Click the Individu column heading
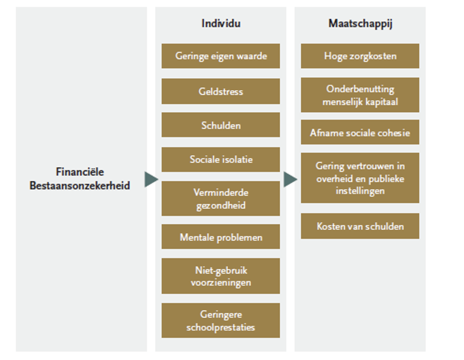[x=221, y=23]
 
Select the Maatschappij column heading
[x=360, y=24]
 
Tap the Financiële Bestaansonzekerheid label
[x=80, y=179]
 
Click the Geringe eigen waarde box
[x=221, y=56]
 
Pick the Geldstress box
[x=221, y=92]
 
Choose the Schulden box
[x=221, y=125]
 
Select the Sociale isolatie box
[x=221, y=160]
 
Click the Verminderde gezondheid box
[x=221, y=199]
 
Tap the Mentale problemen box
[x=221, y=237]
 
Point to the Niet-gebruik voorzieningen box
[x=221, y=276]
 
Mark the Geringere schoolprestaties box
[x=221, y=320]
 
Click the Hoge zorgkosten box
[x=360, y=56]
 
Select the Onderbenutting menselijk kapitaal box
[x=360, y=95]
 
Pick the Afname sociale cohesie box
[x=360, y=132]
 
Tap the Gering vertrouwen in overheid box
[x=360, y=178]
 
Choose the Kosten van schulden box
[x=360, y=226]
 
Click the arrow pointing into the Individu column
[x=151, y=179]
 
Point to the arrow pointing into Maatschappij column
[x=290, y=179]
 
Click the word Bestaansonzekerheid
[x=80, y=186]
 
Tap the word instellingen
[x=360, y=191]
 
